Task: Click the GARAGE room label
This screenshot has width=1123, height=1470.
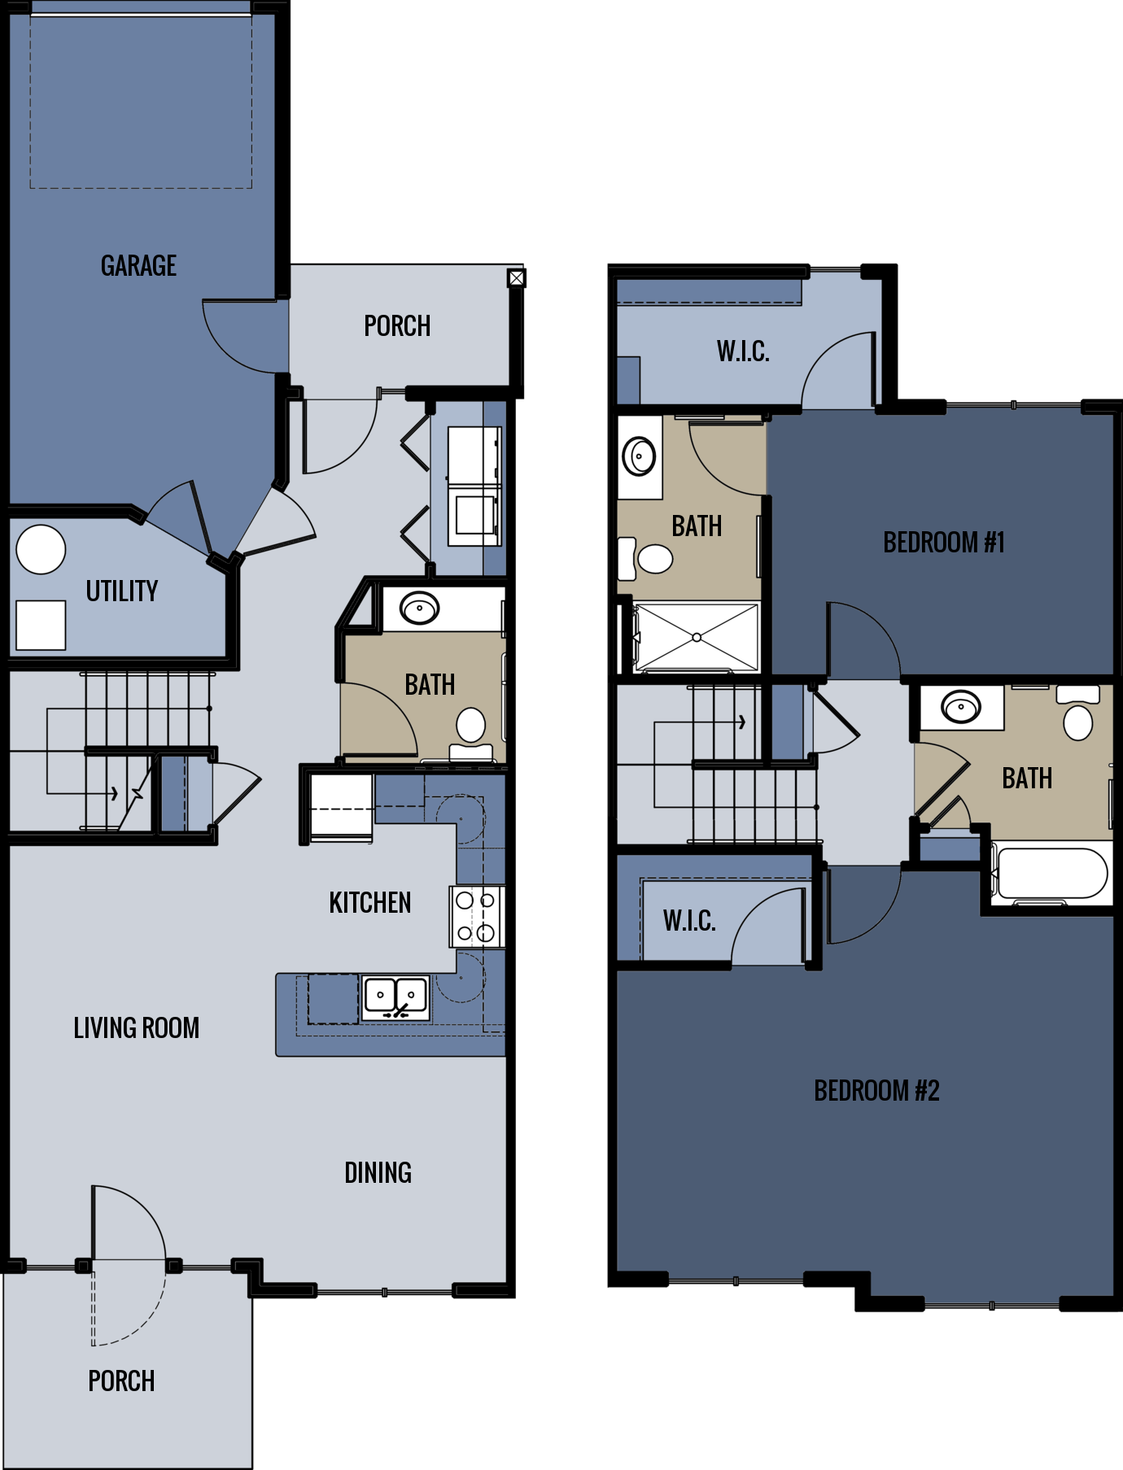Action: tap(138, 266)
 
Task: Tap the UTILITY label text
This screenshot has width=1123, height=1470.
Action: tap(122, 591)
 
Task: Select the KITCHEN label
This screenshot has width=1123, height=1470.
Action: tap(369, 903)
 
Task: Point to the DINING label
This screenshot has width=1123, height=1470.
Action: tap(378, 1172)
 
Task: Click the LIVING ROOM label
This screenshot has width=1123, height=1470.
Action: tap(136, 1028)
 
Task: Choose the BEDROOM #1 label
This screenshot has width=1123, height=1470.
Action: tap(944, 542)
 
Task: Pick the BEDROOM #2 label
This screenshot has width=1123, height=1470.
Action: tap(876, 1090)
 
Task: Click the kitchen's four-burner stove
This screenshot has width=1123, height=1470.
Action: tap(476, 916)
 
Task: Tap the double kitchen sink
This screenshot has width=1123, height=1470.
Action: tap(395, 997)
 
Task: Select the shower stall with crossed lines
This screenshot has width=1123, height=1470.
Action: tap(697, 637)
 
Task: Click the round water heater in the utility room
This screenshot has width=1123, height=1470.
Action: tap(41, 549)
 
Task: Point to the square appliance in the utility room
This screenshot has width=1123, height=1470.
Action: tap(41, 625)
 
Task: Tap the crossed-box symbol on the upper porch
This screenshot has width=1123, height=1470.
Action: tap(517, 278)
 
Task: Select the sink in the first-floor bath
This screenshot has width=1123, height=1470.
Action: tap(419, 608)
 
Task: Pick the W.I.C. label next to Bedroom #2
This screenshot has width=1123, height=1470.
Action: tap(689, 921)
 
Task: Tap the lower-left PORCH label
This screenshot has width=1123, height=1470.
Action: tap(121, 1381)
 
